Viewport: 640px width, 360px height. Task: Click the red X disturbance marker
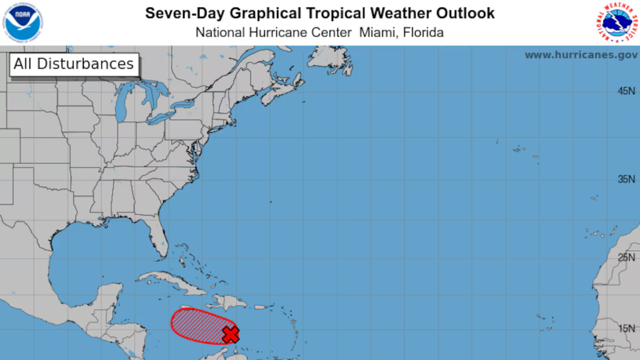231,335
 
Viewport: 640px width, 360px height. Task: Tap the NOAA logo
22,22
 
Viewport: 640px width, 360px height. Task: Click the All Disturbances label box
74,64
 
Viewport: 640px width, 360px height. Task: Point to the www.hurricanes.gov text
581,55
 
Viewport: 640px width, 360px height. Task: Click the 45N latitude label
626,91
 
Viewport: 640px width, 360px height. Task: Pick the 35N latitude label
626,179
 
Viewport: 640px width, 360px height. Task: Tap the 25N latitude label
626,257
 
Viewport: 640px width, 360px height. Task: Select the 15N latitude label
626,329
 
